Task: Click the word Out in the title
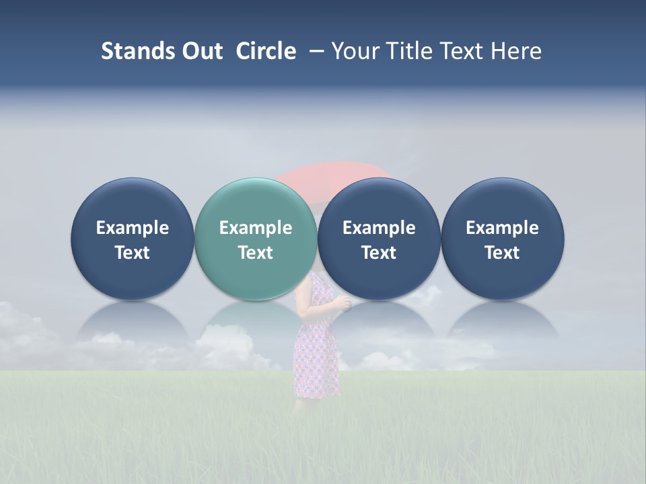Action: point(201,51)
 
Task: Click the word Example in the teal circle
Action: point(256,228)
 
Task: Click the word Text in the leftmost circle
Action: point(133,253)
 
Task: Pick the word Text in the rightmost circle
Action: point(502,253)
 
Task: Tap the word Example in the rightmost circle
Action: point(502,228)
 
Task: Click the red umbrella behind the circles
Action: point(336,171)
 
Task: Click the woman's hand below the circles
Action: point(345,304)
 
